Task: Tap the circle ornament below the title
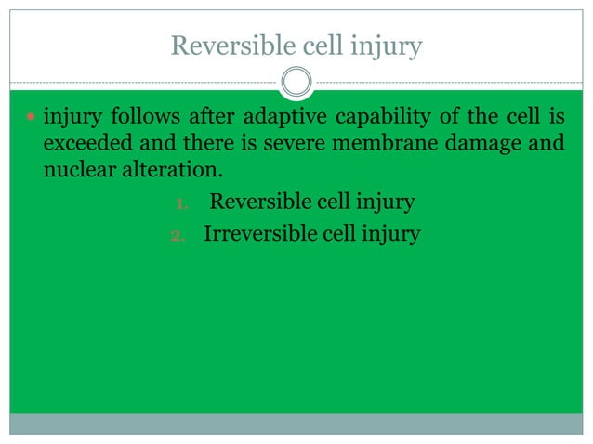(x=296, y=84)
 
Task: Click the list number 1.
(x=182, y=202)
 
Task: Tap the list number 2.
(x=180, y=234)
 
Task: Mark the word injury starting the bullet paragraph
(x=72, y=119)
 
